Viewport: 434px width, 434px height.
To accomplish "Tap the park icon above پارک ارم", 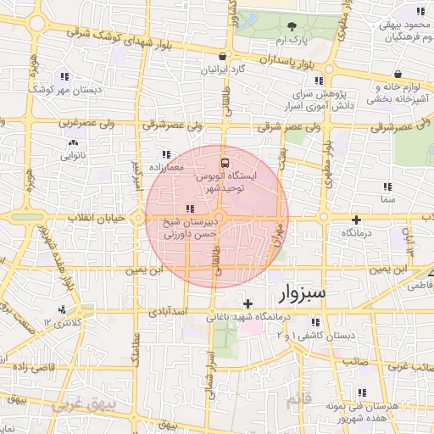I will click(x=292, y=26).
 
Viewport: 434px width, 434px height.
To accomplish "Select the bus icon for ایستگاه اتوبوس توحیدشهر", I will click(x=225, y=162).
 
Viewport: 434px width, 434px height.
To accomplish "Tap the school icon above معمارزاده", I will click(x=166, y=154).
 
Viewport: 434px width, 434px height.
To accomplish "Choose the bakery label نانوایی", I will click(x=71, y=155).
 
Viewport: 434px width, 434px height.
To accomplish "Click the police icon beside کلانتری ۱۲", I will click(x=61, y=310).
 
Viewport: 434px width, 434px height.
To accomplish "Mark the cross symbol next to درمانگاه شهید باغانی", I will click(x=248, y=303).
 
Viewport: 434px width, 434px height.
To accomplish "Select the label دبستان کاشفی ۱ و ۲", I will click(x=319, y=336).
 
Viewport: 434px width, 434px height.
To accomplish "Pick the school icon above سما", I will click(x=387, y=186).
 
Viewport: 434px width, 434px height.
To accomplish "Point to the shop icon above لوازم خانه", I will click(x=399, y=74).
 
